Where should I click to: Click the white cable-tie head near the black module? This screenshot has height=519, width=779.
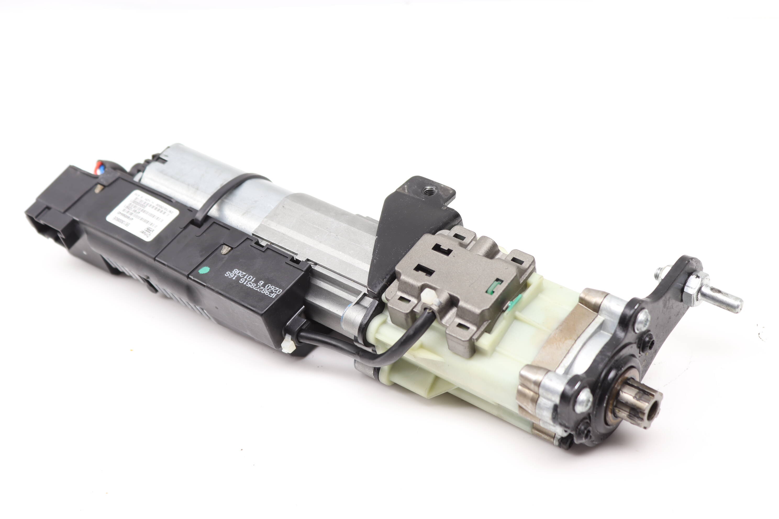[288, 344]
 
